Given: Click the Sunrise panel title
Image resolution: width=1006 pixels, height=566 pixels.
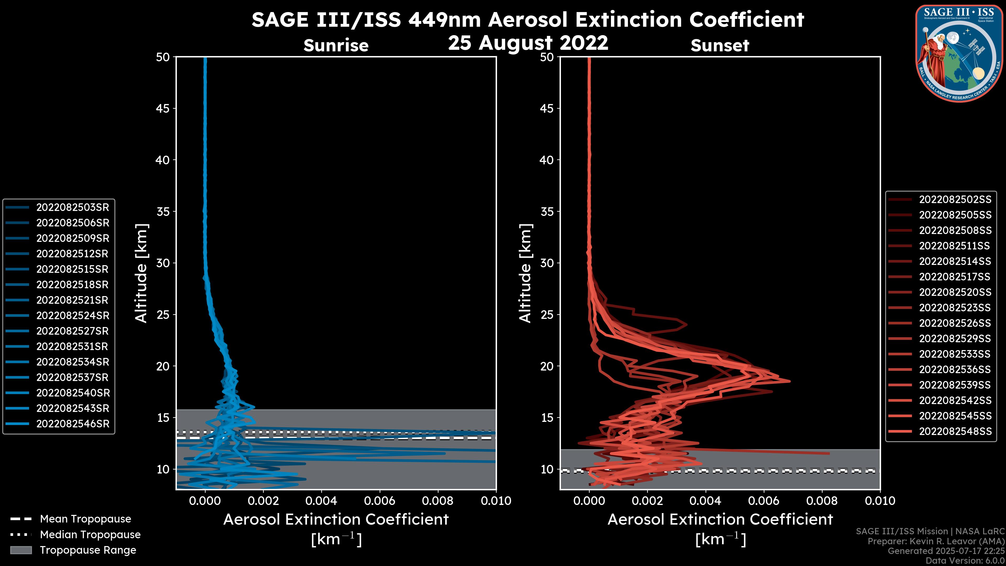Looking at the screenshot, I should click(x=336, y=46).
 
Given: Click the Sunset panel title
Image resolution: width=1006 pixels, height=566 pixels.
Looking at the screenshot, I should click(x=720, y=46).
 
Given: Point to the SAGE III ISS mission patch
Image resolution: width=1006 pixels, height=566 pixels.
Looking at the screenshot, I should click(x=959, y=53).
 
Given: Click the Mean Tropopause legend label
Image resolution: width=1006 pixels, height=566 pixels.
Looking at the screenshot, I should click(x=85, y=519).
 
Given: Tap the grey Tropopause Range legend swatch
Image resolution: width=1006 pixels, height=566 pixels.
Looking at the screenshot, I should click(x=21, y=550).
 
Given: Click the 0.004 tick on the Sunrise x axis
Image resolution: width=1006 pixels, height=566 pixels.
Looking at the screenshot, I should click(x=321, y=501).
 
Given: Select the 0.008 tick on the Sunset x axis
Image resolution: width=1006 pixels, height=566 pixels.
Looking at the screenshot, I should click(x=822, y=501).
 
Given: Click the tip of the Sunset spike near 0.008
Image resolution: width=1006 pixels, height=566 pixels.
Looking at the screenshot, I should click(x=829, y=454).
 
